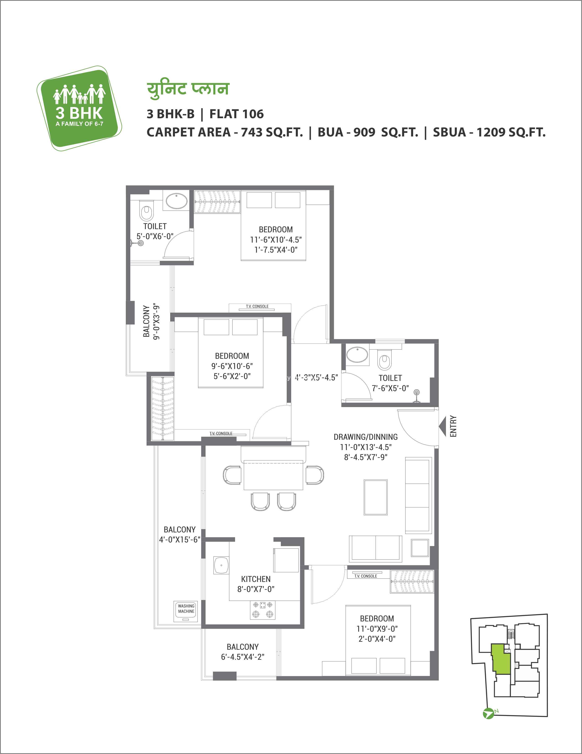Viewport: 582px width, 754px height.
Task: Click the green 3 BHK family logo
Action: click(79, 108)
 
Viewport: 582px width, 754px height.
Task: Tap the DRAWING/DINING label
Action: click(366, 437)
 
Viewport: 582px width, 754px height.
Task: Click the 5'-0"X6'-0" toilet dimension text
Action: click(155, 236)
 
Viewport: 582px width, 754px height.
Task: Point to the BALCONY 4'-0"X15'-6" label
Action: click(180, 534)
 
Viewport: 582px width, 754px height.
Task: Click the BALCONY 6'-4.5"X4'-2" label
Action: click(243, 652)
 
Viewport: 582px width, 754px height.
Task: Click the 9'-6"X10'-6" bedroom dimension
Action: click(232, 366)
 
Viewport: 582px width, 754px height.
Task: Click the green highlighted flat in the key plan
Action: click(501, 659)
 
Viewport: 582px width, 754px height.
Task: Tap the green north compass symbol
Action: click(488, 713)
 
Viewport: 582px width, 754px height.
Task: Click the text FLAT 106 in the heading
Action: click(237, 114)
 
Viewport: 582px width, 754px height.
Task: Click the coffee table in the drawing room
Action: click(376, 497)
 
